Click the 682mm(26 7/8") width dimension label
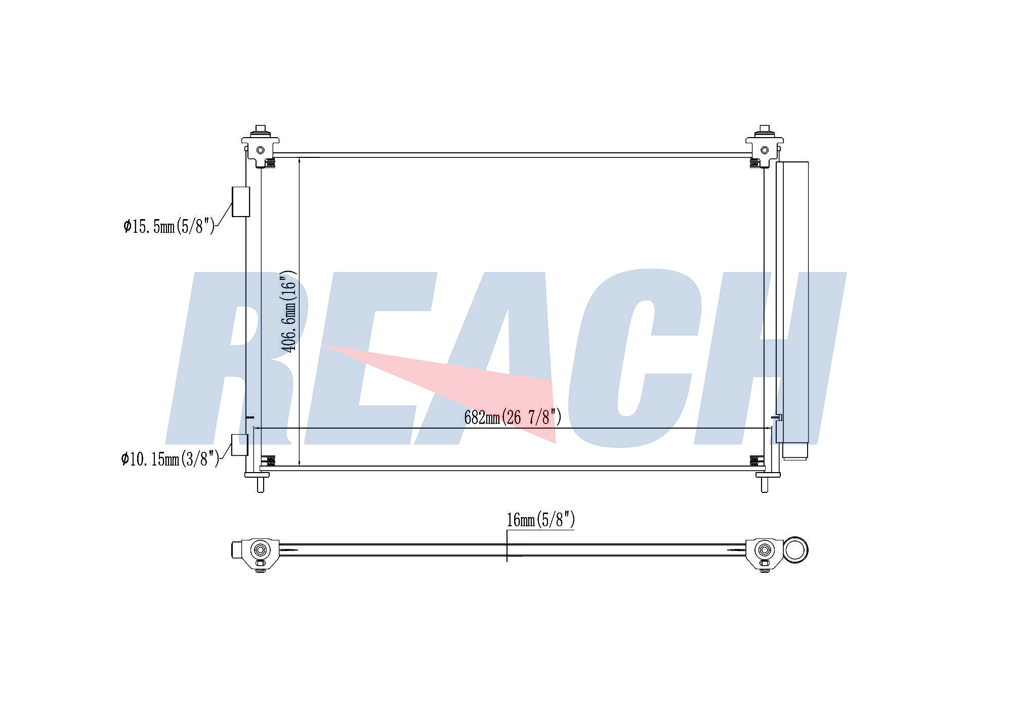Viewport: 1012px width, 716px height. (513, 417)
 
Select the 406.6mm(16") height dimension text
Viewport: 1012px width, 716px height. (289, 312)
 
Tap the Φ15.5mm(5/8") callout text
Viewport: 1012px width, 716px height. (169, 226)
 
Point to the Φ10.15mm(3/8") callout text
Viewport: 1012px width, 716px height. (170, 459)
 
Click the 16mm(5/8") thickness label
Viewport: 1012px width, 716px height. (540, 520)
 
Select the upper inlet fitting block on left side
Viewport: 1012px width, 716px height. (241, 202)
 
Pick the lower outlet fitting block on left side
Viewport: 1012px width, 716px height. (239, 445)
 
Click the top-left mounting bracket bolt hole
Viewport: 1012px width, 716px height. (261, 150)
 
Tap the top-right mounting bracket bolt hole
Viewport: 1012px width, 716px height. (765, 150)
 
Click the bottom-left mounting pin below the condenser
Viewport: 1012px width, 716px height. (260, 484)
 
